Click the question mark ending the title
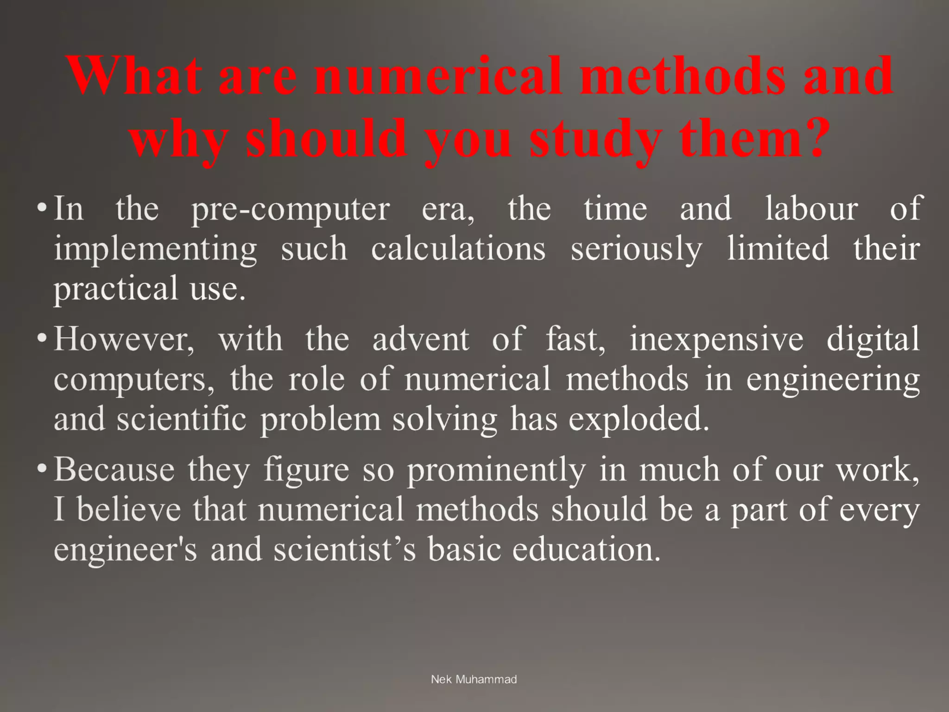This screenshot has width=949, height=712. point(808,137)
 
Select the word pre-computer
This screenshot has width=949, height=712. point(291,210)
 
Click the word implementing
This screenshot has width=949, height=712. point(155,249)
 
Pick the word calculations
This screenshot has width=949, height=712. point(458,248)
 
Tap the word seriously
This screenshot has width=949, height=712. point(636,249)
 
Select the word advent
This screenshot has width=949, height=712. point(421,339)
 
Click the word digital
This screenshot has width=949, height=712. point(873,339)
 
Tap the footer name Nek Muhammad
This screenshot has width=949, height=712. point(474,680)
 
